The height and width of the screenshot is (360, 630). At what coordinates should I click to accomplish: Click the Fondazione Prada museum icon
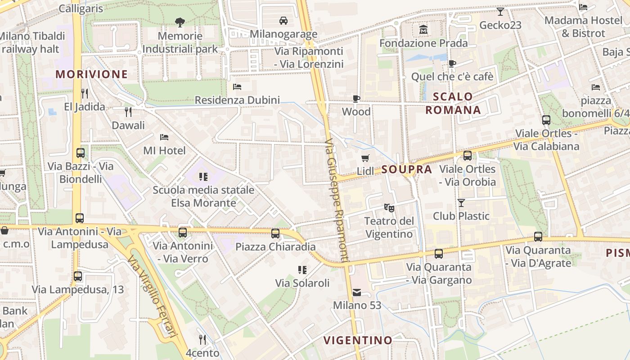423,30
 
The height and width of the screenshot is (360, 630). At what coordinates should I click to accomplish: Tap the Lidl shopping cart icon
365,158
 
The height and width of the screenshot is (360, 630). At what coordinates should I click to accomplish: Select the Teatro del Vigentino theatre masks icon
389,207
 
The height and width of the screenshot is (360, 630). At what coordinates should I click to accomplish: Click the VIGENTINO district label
358,340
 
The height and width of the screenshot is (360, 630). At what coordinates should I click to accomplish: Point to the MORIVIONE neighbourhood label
92,74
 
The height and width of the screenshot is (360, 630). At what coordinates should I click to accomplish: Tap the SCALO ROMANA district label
453,103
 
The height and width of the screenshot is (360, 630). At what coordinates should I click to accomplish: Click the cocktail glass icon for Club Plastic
461,202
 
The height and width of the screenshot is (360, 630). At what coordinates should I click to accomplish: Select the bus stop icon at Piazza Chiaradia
275,234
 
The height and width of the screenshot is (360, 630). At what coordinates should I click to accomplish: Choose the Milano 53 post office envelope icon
357,292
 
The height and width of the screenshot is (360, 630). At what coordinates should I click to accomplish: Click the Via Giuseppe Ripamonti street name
336,200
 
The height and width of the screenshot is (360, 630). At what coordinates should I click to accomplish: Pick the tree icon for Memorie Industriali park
180,22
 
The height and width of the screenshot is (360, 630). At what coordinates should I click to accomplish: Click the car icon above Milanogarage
283,21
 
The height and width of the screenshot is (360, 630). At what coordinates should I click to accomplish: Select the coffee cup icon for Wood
356,99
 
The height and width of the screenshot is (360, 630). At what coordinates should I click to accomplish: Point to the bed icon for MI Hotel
164,137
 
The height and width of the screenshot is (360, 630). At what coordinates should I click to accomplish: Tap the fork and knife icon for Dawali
128,112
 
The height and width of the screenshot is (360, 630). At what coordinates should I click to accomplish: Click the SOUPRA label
406,170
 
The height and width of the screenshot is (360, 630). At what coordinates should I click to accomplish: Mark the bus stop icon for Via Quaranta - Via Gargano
439,253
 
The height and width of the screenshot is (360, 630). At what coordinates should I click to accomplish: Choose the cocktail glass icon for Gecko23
500,11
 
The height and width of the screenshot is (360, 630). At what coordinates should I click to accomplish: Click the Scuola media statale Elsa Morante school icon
203,177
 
